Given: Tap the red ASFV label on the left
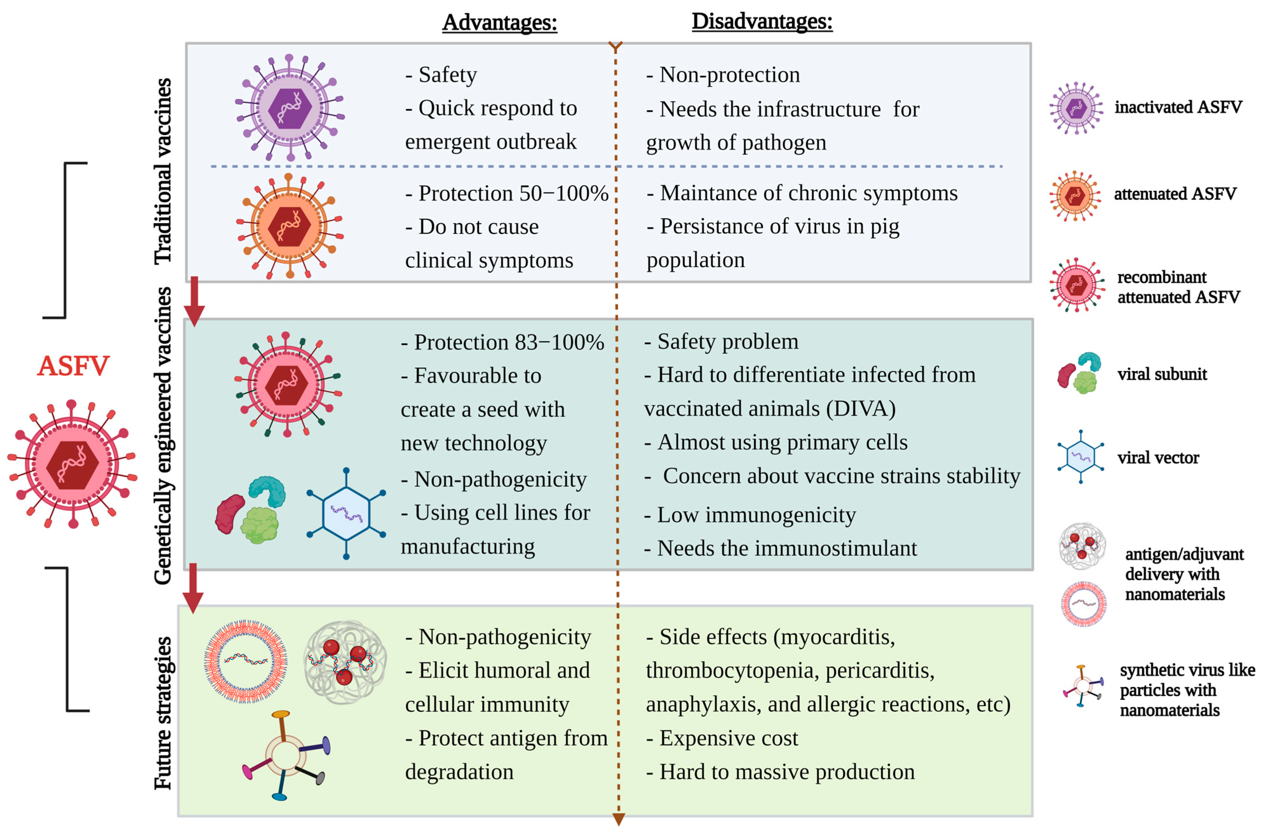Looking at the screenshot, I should coord(73,366).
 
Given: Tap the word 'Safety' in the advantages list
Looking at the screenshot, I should coord(447,75).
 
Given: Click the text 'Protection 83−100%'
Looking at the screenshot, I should coord(509,343).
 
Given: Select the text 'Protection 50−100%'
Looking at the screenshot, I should coord(513,193).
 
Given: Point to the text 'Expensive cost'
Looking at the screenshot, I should coord(728,738).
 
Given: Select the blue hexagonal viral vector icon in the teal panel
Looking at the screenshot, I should coord(346,513).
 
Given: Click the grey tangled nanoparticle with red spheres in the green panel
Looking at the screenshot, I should coord(345,662).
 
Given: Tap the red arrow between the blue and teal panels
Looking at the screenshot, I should coord(194,300).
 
